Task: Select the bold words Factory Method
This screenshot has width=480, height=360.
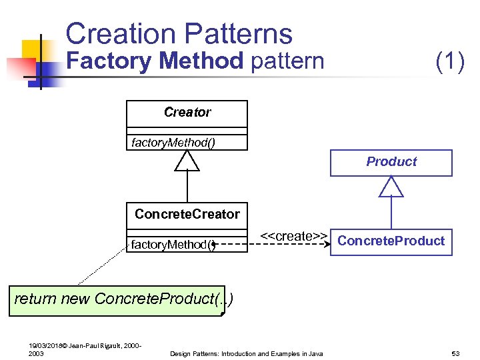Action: point(156,61)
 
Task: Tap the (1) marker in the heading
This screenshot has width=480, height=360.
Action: point(449,61)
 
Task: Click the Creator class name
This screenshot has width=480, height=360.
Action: point(187,113)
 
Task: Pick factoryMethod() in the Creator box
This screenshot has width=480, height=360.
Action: point(173,142)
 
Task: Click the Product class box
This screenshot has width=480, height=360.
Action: point(391,162)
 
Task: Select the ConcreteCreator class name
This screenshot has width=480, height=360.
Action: point(187,214)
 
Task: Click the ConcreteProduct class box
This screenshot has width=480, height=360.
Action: point(391,241)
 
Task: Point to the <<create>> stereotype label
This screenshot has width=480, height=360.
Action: point(293,236)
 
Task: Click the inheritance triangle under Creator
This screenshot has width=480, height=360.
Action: point(187,160)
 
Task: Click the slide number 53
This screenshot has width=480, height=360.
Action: point(457,353)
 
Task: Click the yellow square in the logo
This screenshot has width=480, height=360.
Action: point(32,49)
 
